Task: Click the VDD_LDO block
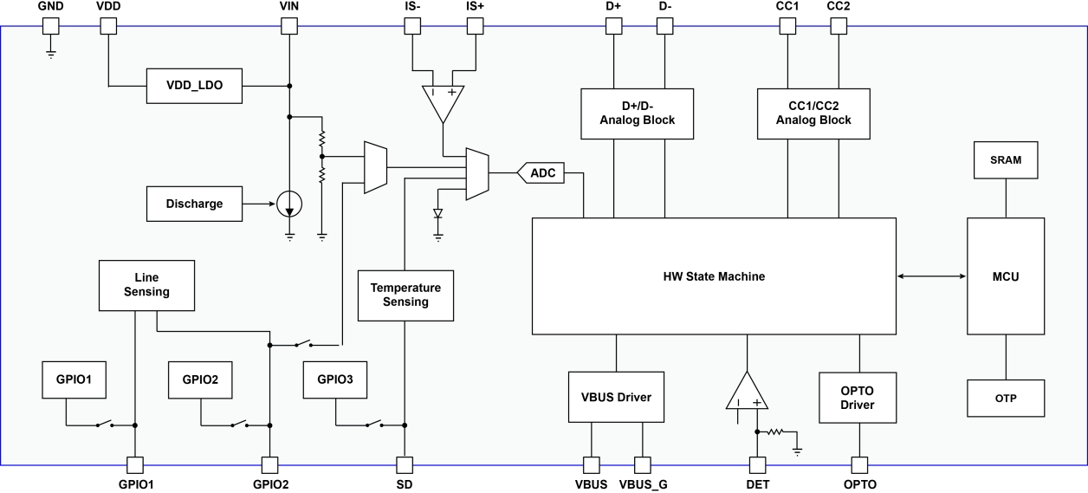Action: (194, 85)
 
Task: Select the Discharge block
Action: (194, 204)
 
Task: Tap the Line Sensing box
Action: (146, 284)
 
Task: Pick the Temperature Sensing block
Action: (405, 295)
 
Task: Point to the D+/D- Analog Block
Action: (638, 113)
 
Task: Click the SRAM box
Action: (1005, 160)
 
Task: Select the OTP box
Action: (1005, 398)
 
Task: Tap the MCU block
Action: (1005, 276)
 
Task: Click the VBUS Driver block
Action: (616, 397)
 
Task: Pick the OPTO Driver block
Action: (857, 397)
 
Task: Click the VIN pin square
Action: (289, 27)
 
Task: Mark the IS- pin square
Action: (412, 27)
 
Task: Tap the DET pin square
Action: (757, 464)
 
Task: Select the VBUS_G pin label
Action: (643, 484)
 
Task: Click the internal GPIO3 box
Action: (334, 379)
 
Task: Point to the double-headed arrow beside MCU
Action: (931, 276)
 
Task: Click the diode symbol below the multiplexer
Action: (437, 213)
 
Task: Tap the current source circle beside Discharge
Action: (289, 204)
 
